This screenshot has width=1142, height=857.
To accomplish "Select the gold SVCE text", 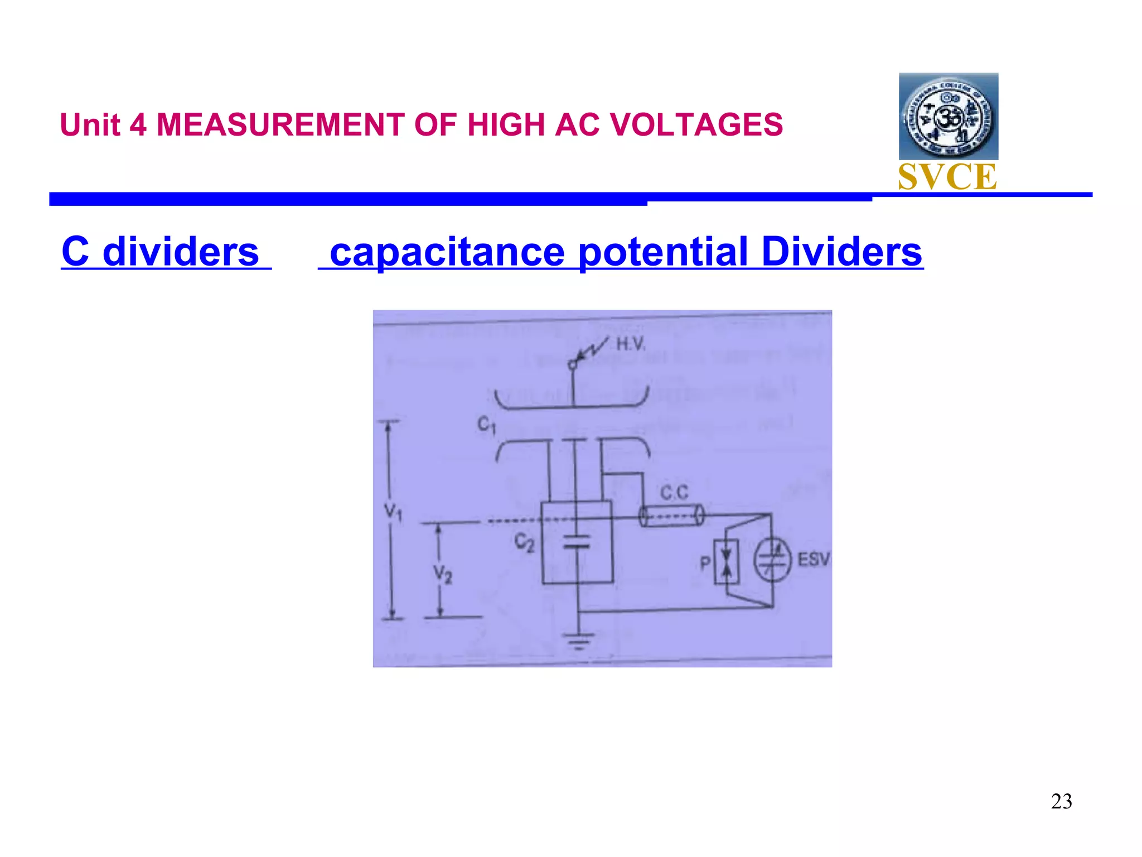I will click(947, 177).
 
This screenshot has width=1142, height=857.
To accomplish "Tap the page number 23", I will click(1061, 801).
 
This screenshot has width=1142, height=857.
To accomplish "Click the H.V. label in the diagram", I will click(631, 344).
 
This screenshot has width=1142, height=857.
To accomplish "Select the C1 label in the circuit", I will click(486, 425).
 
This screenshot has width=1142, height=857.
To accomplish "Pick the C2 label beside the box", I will click(524, 541).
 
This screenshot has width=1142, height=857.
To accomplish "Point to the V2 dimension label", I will click(443, 574).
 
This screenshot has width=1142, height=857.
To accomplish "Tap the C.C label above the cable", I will click(674, 493).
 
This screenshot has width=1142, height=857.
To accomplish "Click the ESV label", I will click(814, 559).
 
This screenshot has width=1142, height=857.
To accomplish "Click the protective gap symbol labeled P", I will click(727, 561).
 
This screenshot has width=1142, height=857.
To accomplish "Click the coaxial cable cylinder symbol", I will click(671, 516).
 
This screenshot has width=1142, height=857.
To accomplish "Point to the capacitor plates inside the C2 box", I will click(577, 541).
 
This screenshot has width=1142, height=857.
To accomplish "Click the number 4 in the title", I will click(138, 124).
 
